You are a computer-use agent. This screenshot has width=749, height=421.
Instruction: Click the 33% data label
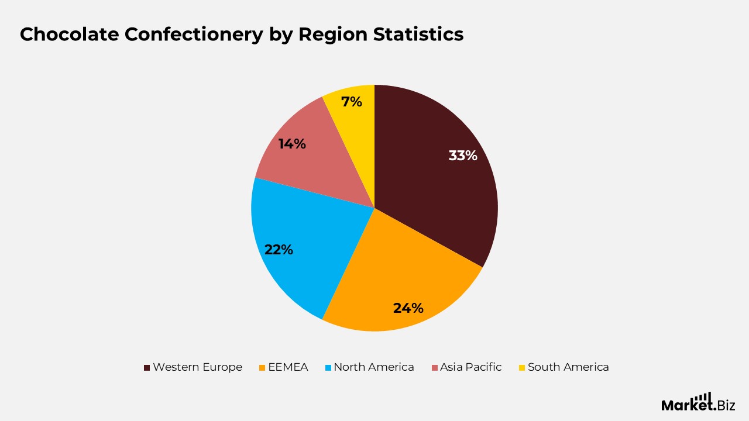point(463,156)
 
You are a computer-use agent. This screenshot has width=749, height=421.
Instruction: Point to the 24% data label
point(408,308)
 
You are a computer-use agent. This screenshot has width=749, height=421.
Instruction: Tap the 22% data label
point(279,249)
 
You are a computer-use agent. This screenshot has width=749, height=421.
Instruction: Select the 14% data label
point(292,143)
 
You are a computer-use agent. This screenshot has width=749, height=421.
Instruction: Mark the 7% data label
point(352,102)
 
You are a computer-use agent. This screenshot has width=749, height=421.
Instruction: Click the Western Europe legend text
point(197,367)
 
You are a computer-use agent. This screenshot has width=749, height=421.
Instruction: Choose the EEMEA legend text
point(288,367)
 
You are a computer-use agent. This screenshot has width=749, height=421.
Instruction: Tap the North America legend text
point(373,367)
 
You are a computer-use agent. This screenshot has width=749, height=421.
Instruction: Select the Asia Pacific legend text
point(470,367)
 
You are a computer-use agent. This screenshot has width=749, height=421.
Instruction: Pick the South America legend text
point(568,367)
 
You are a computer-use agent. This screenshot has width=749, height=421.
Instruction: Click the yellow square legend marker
point(521,368)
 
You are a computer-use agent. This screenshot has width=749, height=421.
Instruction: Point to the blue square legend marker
point(328,368)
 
